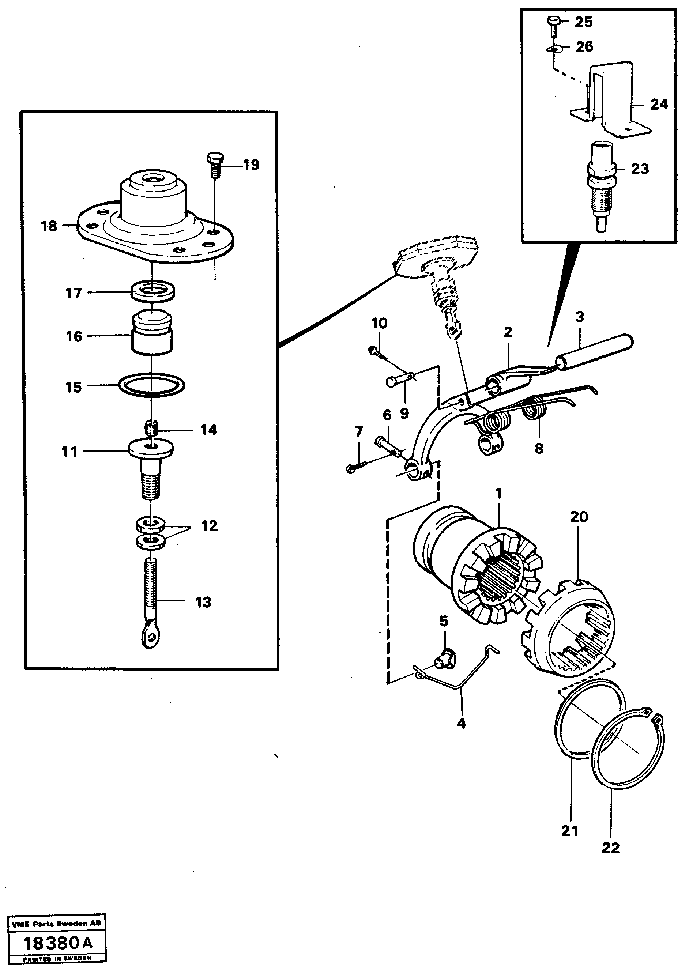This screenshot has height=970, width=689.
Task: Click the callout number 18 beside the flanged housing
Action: [49, 226]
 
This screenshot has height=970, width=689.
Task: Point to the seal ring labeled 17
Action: [153, 292]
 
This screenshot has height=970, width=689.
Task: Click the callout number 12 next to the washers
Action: [209, 525]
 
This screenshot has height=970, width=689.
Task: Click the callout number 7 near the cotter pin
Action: [359, 432]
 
